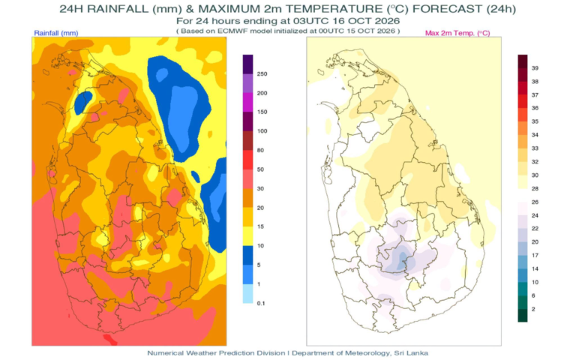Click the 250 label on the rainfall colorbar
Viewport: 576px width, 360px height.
coord(262,73)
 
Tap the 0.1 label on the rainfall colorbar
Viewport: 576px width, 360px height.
coord(261,304)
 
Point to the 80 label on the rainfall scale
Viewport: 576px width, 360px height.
coord(260,150)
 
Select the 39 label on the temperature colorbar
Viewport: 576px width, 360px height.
coord(535,68)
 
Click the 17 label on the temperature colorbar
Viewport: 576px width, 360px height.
coord(535,255)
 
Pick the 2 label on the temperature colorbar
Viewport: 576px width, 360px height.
coord(533,309)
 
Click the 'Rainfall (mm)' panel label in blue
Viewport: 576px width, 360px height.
coord(56,33)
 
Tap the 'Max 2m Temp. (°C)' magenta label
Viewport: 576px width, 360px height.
coord(457,33)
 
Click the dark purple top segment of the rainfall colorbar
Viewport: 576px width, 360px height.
coord(248,64)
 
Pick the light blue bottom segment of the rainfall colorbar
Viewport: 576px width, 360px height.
coord(248,293)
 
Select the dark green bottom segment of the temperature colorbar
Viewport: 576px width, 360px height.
coord(523,316)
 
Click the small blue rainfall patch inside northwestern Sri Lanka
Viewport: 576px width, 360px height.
coord(83,103)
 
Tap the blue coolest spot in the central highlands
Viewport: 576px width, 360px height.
coord(401,259)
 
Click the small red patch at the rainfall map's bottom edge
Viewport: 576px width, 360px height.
coord(110,340)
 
